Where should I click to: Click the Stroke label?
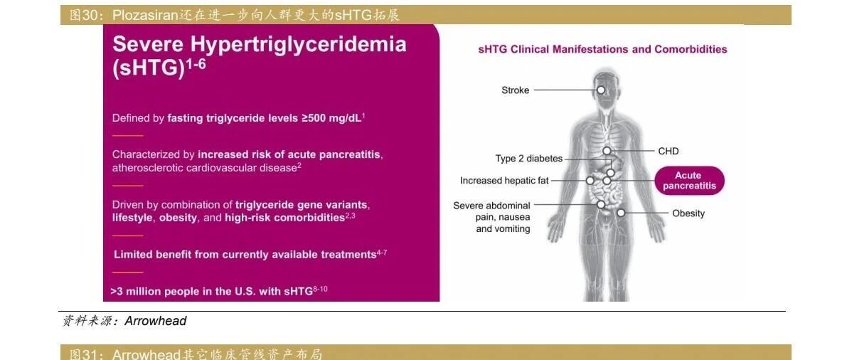515,90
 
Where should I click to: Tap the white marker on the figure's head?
601,90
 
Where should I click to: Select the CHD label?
668,151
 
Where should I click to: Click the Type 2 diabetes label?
529,159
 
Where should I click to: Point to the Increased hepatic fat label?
504,181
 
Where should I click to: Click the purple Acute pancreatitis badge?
689,181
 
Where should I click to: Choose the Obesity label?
688,213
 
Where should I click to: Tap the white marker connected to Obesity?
622,213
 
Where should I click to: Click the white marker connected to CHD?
607,151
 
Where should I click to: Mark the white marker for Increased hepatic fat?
590,181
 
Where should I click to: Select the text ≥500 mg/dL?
331,118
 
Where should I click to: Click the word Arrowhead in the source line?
156,321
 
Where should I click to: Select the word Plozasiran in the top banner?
145,15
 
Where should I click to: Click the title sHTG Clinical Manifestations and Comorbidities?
602,50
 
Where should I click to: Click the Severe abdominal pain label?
492,217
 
